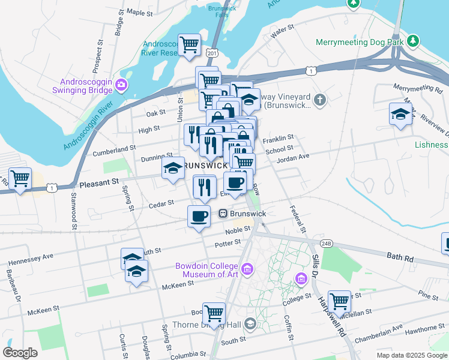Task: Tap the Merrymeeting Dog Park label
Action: [x=359, y=42]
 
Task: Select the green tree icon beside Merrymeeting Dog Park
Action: [x=412, y=41]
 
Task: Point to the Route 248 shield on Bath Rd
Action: [x=326, y=243]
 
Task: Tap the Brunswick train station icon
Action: [x=222, y=213]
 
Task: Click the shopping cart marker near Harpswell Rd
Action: [x=339, y=301]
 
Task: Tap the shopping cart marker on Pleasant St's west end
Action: [x=20, y=178]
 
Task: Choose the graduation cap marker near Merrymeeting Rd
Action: [x=400, y=114]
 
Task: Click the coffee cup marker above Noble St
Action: [x=199, y=216]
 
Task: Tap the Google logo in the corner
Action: [x=20, y=352]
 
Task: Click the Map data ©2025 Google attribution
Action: [x=412, y=355]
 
